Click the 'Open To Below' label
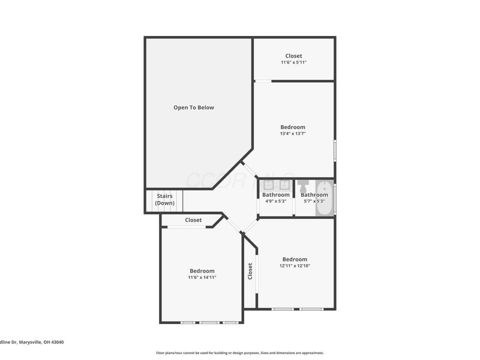tap(193, 108)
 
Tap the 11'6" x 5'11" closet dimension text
tap(294, 62)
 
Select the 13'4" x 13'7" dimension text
tap(293, 134)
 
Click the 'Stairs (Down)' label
tap(164, 199)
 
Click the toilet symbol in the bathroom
tap(303, 184)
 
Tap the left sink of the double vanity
tap(268, 185)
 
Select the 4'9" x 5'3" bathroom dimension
tap(275, 202)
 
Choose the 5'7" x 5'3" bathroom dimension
tap(314, 202)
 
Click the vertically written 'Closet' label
tap(250, 271)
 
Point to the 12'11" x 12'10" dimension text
tap(295, 266)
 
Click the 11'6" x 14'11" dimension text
tap(202, 278)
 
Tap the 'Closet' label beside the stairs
tap(193, 220)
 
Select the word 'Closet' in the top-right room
tap(294, 56)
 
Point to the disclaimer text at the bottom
tap(240, 353)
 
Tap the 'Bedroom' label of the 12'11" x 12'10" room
tap(295, 259)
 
